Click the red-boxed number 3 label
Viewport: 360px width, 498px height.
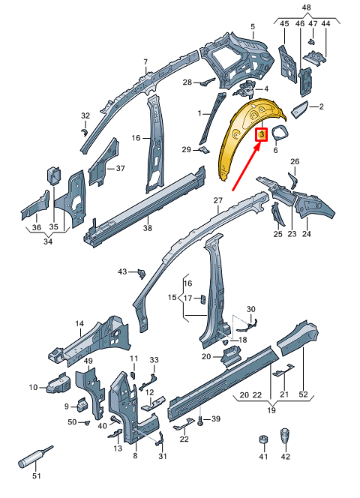click(262, 135)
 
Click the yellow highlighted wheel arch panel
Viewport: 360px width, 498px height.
click(240, 139)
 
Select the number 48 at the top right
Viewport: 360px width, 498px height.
click(306, 7)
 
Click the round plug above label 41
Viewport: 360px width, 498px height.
click(262, 439)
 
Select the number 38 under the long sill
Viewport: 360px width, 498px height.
click(148, 228)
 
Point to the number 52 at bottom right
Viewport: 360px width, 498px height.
click(303, 394)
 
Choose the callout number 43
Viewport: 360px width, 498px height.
click(123, 271)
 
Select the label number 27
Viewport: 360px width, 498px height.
click(218, 200)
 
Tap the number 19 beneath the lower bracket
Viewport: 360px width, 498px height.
click(271, 410)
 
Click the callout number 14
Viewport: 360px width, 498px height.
click(79, 323)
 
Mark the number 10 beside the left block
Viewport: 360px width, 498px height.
click(33, 387)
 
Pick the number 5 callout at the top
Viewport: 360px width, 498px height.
click(253, 27)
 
